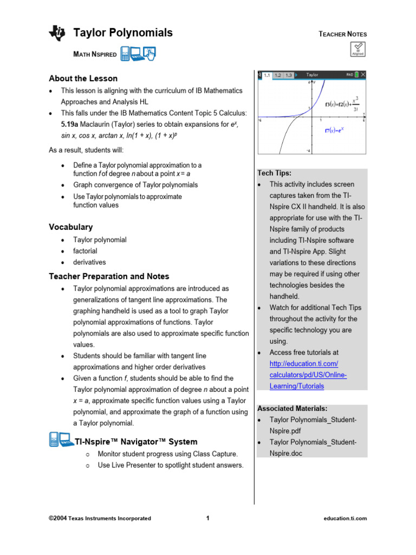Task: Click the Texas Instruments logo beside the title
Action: [x=57, y=34]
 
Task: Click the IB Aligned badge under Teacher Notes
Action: [x=358, y=50]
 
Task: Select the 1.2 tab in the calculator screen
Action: [x=277, y=75]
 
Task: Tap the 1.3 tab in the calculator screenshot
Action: [x=288, y=75]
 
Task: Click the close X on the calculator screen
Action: [x=362, y=75]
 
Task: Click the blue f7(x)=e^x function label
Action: [x=336, y=130]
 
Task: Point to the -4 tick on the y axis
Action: [x=308, y=151]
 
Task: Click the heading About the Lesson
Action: [x=83, y=79]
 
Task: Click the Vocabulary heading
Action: [x=70, y=227]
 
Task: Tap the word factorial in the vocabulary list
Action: [x=85, y=251]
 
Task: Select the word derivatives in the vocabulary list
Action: [x=89, y=262]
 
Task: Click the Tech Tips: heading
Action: [x=274, y=173]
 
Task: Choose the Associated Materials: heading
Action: [x=292, y=409]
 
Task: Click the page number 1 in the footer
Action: [x=207, y=518]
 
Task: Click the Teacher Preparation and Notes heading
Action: [x=109, y=276]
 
